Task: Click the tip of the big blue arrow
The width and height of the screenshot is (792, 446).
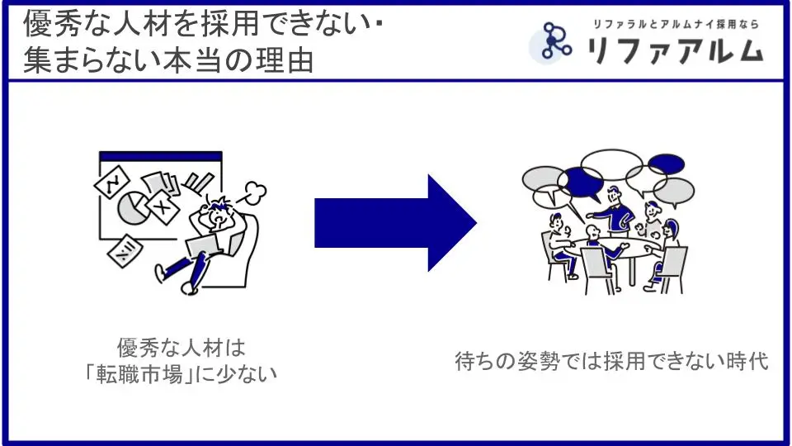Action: [x=477, y=222]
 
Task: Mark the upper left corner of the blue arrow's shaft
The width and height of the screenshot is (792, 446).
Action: [x=314, y=199]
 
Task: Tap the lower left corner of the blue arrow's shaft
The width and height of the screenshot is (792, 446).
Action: [x=314, y=247]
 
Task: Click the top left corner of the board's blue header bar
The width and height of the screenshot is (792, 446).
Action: [x=100, y=152]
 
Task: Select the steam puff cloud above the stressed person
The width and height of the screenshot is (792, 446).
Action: [x=256, y=192]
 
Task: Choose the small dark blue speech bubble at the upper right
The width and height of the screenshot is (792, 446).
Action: [x=667, y=164]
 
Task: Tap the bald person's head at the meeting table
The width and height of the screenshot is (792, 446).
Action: [x=593, y=233]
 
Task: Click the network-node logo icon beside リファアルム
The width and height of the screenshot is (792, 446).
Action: [x=551, y=41]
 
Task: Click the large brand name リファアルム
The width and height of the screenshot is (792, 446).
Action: [x=675, y=50]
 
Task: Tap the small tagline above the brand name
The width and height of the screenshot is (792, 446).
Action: [x=676, y=24]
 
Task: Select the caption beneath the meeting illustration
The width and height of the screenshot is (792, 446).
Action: [x=611, y=361]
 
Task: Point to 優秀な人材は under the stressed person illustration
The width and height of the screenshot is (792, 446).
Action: [x=181, y=348]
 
